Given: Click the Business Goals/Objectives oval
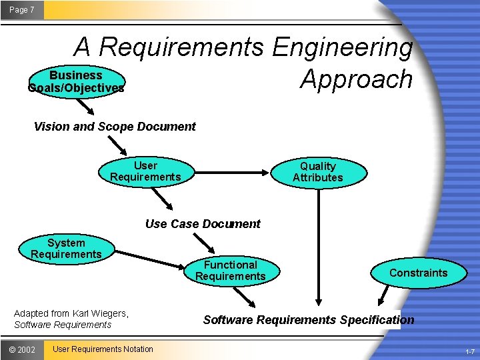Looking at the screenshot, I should (x=76, y=81).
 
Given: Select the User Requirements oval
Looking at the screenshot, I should (x=145, y=171).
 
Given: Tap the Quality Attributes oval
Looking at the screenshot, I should (x=318, y=172).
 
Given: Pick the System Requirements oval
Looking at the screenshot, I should (x=66, y=249).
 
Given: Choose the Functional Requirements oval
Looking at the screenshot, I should (x=230, y=271).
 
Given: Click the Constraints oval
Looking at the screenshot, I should (x=418, y=273).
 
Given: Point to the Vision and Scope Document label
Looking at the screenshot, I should (x=115, y=127).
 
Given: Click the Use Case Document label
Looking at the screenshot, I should (x=203, y=224).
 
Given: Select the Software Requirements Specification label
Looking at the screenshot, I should (x=308, y=320).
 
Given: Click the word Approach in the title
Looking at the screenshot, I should (x=356, y=79).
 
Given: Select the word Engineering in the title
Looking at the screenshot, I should (x=342, y=47).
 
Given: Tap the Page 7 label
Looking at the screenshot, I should (x=22, y=10).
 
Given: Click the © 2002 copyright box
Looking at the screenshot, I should (x=22, y=349).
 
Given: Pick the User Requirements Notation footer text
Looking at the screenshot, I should (x=103, y=349).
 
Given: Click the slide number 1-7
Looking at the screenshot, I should (x=470, y=351).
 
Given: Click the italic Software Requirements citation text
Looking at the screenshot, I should (x=63, y=325).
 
